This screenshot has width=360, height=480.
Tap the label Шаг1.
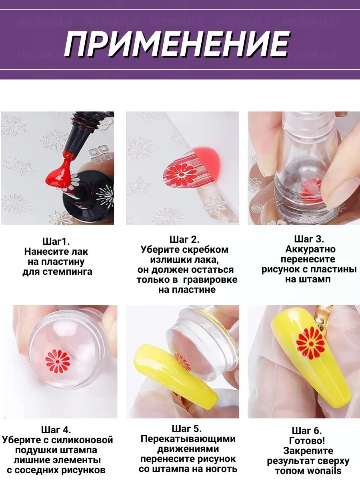(x=56, y=242)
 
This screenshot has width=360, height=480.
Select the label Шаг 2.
(x=184, y=239)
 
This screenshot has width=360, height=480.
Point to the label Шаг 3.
(x=309, y=239)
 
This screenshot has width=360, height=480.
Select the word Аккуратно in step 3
(x=310, y=249)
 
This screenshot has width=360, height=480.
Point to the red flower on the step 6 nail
(x=311, y=343)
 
